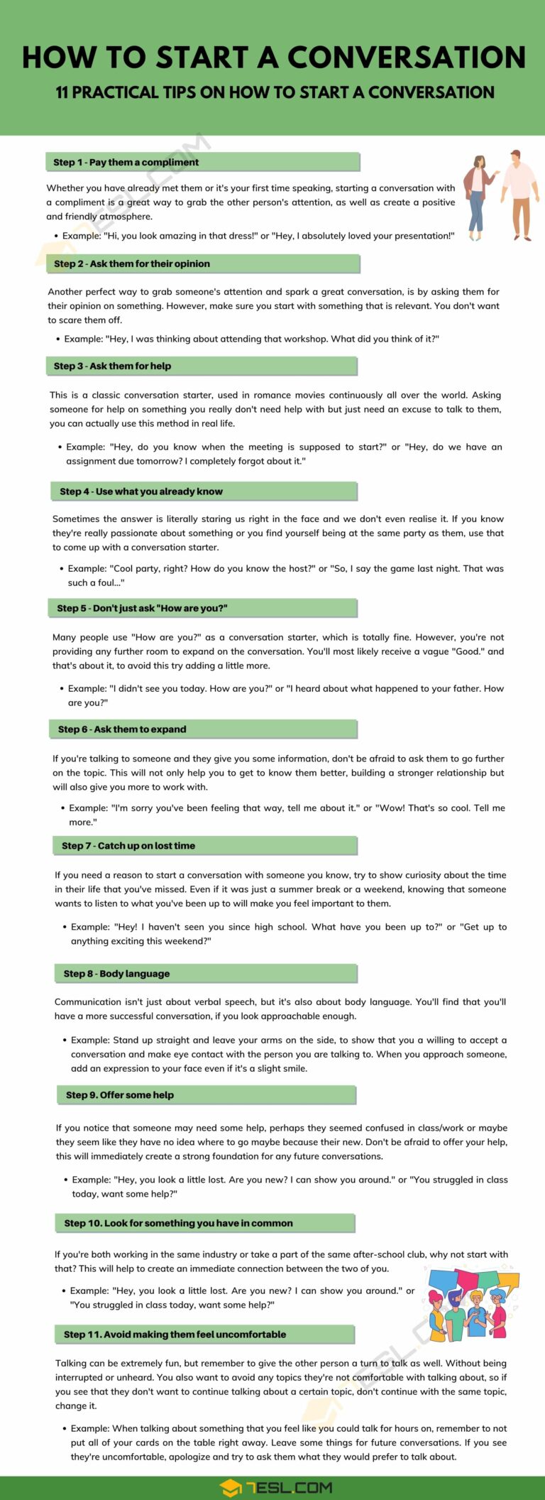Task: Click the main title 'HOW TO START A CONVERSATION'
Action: (273, 58)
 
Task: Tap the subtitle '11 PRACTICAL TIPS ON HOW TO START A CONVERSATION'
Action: (275, 92)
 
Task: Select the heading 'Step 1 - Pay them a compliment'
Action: (126, 163)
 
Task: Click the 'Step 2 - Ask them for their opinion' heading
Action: (132, 264)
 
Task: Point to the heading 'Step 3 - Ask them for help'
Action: (112, 366)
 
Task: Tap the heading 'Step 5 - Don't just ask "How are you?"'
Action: (142, 609)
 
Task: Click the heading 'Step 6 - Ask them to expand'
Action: (122, 729)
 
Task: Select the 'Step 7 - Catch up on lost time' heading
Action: (128, 846)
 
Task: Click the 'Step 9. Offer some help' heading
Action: (120, 1095)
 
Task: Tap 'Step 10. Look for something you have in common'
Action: (178, 1223)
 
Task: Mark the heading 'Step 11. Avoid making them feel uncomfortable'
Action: (175, 1335)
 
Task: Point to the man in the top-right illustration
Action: (519, 195)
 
